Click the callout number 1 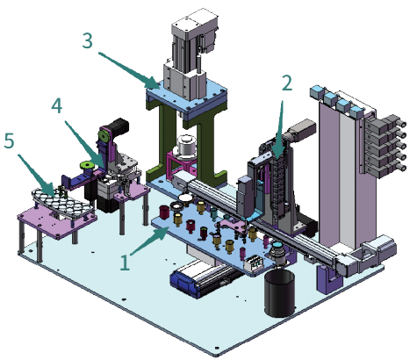125,263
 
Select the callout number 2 287,83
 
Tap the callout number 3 88,40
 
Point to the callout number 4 57,105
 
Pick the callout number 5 9,140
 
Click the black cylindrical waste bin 279,292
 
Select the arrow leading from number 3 129,70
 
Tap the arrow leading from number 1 149,241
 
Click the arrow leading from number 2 279,129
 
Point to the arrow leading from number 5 36,176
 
